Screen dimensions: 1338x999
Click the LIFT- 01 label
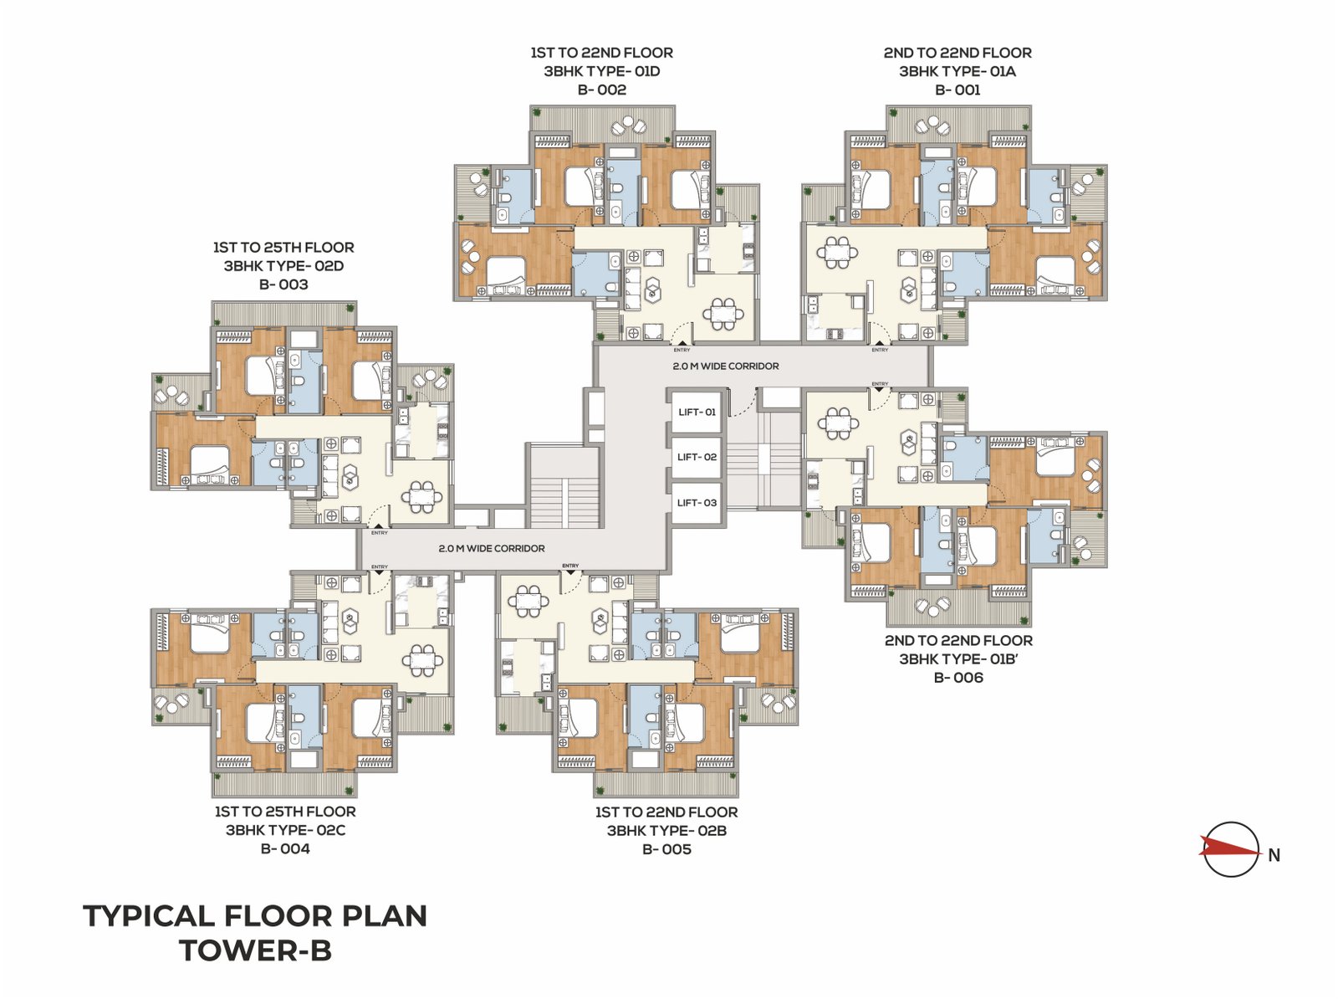point(697,412)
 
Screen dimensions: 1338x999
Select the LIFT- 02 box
point(697,458)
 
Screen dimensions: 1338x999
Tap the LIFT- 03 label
point(697,503)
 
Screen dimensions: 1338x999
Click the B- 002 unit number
point(601,90)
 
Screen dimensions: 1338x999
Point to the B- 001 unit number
point(958,90)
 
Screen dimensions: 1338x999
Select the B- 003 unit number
point(283,284)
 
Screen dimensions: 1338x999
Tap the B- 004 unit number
point(285,848)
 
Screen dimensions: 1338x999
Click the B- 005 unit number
point(666,849)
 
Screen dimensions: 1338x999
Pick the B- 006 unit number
point(958,677)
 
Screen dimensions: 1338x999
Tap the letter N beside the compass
point(1274,855)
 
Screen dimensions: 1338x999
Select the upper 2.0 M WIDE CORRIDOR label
point(725,366)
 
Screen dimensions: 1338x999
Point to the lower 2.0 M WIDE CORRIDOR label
point(492,548)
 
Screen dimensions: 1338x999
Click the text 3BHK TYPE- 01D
point(601,71)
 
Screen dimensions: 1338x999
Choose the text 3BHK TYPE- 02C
point(285,830)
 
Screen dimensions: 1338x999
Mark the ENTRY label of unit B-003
point(379,532)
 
